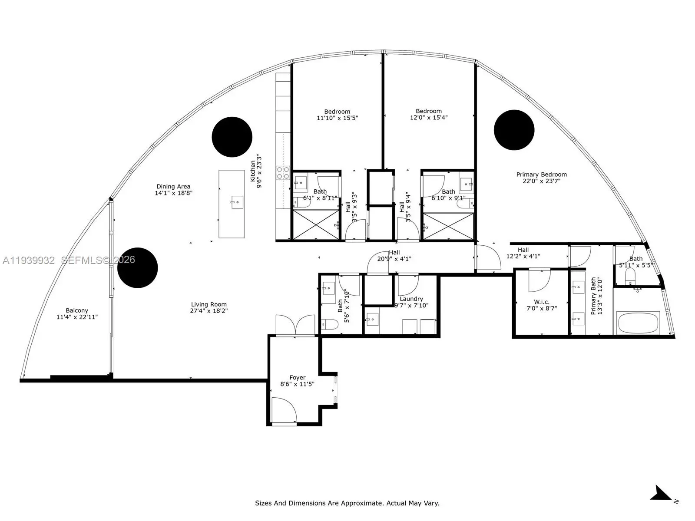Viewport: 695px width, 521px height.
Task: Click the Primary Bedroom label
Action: [541, 174]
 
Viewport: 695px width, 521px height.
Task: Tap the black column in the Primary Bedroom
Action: [514, 130]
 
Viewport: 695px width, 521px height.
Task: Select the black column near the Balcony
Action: [137, 267]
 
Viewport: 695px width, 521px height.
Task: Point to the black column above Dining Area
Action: [232, 137]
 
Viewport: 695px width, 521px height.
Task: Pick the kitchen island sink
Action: [237, 202]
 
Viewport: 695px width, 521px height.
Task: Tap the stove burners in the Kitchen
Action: [283, 173]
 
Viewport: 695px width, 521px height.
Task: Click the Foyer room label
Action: [297, 377]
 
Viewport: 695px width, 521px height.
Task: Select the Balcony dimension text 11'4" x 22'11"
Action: [77, 317]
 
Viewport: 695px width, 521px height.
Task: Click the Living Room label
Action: [208, 304]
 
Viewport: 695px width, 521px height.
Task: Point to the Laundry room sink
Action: [372, 320]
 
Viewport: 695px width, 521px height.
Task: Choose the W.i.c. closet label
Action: [541, 302]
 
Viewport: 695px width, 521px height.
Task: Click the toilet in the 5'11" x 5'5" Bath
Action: [630, 276]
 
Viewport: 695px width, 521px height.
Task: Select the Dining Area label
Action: [173, 186]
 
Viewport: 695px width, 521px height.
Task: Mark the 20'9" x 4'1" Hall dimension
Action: [394, 259]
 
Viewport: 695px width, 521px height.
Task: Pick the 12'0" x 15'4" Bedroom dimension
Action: [429, 117]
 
